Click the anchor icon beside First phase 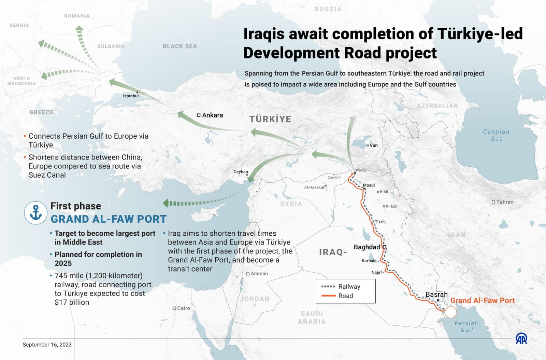(35, 212)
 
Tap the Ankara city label (212, 115)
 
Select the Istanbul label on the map (131, 96)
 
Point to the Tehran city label (505, 202)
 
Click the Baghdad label (367, 247)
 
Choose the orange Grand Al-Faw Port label (482, 301)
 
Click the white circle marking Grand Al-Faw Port (450, 312)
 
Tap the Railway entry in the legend (349, 287)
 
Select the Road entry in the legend (345, 296)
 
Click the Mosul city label (369, 185)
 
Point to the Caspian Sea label (496, 135)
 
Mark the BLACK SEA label (180, 46)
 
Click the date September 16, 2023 (47, 345)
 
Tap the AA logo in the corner (521, 338)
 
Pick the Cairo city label (183, 308)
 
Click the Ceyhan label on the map (241, 172)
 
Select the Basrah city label (436, 294)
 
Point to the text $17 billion (72, 302)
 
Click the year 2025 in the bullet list (63, 263)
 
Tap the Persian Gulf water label (466, 326)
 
